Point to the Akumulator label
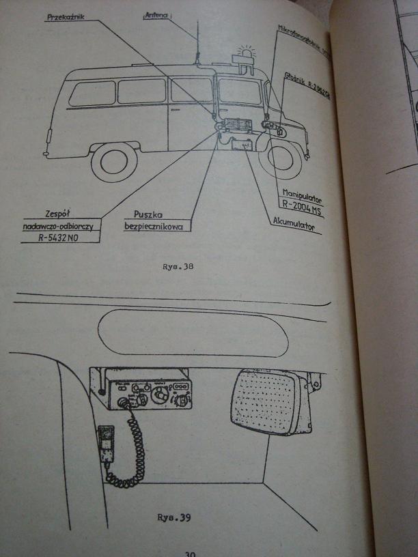coord(297,223)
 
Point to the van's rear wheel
coord(114,160)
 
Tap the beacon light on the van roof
coord(245,55)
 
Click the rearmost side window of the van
coord(92,93)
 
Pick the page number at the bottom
coord(191,553)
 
